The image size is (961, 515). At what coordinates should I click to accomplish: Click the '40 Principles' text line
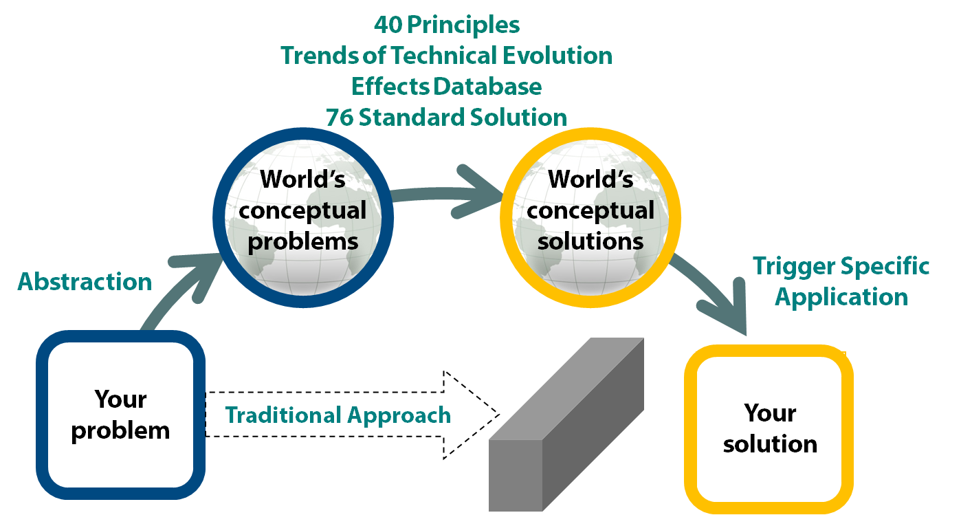(x=447, y=25)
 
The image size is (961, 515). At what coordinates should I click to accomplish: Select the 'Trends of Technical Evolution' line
(x=447, y=56)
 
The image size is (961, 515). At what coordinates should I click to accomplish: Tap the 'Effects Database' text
(x=447, y=87)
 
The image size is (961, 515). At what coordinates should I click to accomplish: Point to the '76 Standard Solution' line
(x=447, y=117)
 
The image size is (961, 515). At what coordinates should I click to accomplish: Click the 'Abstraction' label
(x=85, y=282)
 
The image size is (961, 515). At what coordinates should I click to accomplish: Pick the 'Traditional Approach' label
(x=338, y=415)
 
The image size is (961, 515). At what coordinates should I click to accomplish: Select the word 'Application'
(x=841, y=297)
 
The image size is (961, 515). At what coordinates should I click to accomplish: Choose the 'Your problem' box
(x=120, y=415)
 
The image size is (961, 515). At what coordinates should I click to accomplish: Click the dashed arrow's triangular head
(x=471, y=415)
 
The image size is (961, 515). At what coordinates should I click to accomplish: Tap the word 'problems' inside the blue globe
(x=302, y=241)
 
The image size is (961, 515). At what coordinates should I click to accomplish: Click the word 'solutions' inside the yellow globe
(x=590, y=241)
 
